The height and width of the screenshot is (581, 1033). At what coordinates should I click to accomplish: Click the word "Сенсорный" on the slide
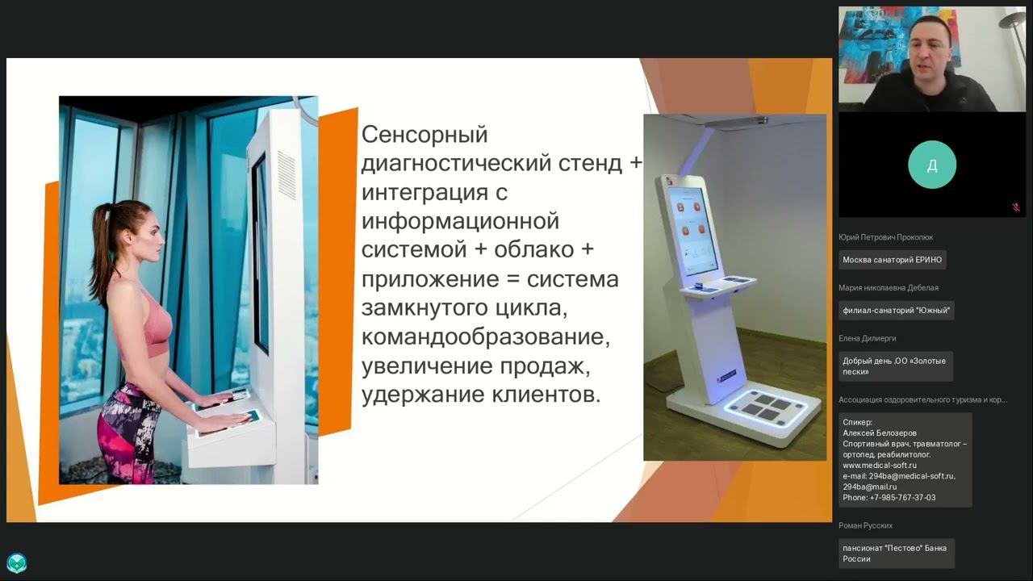tap(424, 135)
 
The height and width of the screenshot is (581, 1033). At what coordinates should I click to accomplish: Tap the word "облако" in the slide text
tap(534, 250)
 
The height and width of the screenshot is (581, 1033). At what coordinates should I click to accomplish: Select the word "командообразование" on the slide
tap(486, 337)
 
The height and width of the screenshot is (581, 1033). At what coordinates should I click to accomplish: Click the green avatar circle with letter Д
tap(932, 165)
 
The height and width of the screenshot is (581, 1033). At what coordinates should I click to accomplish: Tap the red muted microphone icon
tap(1016, 207)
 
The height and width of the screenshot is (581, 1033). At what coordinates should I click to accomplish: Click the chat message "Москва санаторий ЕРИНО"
tap(893, 260)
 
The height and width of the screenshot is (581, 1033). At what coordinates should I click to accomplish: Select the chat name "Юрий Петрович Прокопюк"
tap(885, 237)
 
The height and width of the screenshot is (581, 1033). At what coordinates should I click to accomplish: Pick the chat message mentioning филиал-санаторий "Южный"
tap(896, 311)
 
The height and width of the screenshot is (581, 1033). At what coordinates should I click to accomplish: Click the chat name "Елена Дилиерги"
tap(867, 338)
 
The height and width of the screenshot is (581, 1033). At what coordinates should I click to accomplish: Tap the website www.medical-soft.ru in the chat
tap(880, 466)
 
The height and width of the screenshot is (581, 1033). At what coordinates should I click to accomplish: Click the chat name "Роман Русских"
tap(865, 525)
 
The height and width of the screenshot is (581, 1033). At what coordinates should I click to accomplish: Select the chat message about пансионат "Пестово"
tap(897, 554)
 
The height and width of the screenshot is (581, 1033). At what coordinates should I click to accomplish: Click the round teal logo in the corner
tap(17, 563)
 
